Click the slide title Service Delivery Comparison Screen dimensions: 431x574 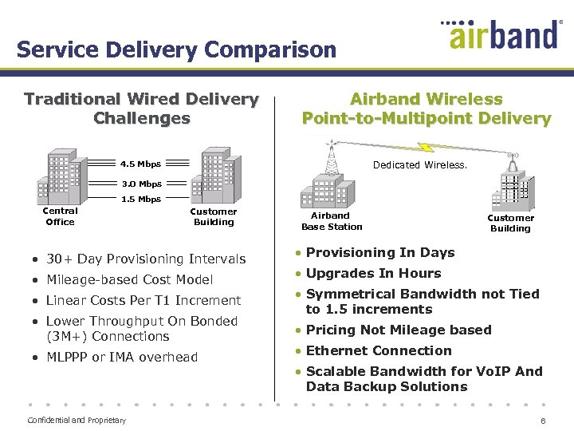pos(176,49)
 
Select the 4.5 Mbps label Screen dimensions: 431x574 pos(140,164)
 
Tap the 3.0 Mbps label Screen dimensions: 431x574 pos(141,184)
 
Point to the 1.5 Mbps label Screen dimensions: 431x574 pos(140,200)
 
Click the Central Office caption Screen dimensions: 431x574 pos(60,216)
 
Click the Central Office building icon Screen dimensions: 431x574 pos(60,177)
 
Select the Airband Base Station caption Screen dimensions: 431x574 pos(332,221)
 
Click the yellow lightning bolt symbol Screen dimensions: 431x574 pos(426,148)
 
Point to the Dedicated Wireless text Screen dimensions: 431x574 pos(419,165)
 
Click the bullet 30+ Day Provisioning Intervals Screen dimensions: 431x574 pos(146,259)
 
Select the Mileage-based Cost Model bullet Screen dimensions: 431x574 pos(129,279)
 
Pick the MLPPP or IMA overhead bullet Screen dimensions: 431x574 pos(121,357)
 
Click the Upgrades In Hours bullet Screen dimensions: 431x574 pos(373,273)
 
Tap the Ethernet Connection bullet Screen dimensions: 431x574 pos(379,350)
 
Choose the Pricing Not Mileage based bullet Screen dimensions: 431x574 pos(399,330)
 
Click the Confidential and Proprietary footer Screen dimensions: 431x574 pos(77,420)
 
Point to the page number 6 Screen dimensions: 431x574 pos(543,421)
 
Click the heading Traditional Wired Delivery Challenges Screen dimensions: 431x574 pos(141,109)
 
